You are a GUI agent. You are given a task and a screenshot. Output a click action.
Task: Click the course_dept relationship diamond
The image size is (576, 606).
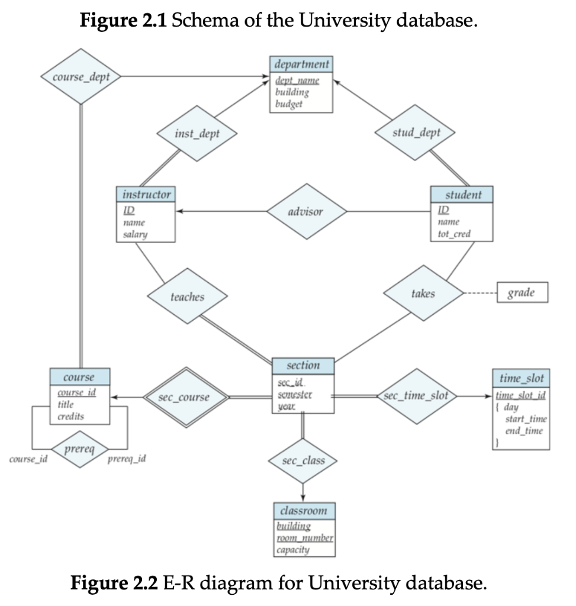tap(80, 77)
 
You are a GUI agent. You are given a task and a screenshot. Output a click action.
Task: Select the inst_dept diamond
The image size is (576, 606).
tap(197, 134)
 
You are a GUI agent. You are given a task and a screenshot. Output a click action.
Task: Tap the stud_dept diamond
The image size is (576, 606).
tap(416, 133)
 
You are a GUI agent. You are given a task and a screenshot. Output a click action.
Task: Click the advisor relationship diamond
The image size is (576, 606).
tap(307, 212)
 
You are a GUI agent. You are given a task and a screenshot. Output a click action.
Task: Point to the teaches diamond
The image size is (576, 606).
tap(187, 296)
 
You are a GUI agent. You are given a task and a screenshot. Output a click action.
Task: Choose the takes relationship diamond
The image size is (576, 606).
tap(423, 294)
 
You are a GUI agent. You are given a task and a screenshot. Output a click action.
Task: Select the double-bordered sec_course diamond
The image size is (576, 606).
tap(184, 397)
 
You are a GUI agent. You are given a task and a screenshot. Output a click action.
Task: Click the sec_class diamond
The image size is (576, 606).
tap(303, 460)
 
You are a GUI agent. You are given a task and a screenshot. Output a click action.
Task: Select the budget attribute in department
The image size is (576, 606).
tap(289, 104)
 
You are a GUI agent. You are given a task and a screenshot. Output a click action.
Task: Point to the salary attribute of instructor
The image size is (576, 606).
tap(135, 234)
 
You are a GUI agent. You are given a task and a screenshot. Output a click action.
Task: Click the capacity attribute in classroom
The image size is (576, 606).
tap(292, 549)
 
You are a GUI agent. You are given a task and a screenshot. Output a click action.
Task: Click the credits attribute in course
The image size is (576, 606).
tap(70, 416)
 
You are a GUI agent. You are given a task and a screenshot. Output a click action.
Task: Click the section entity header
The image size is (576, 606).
tap(303, 366)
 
